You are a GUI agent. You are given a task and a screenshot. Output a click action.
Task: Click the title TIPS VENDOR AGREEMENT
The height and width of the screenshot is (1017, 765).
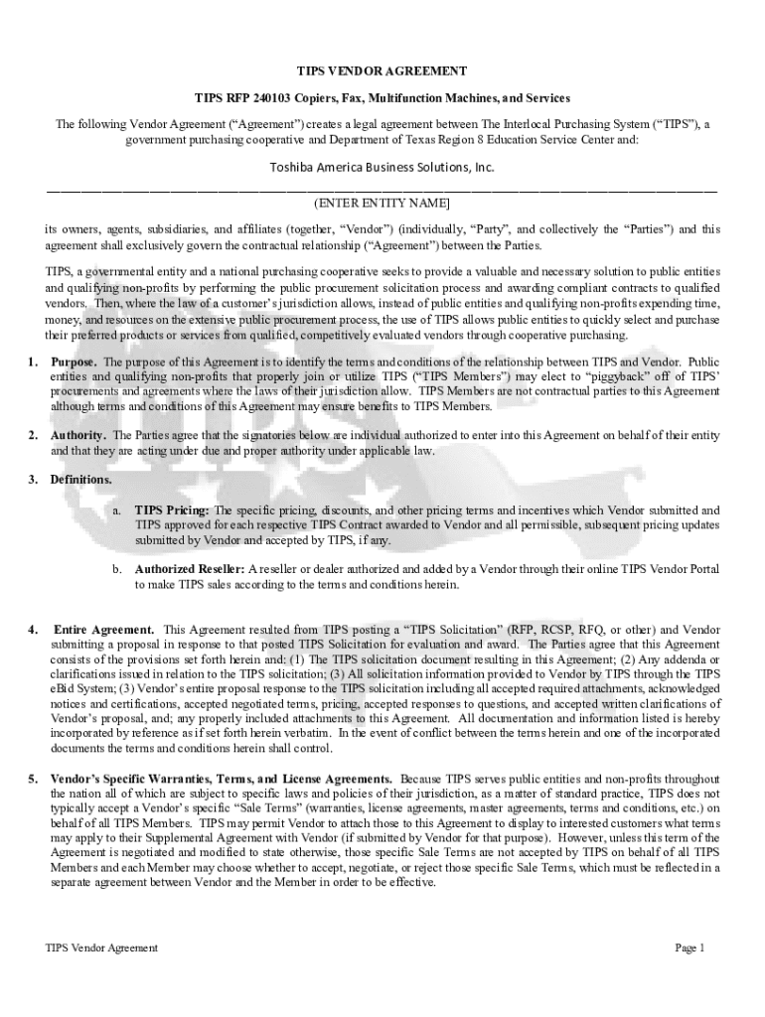(382, 72)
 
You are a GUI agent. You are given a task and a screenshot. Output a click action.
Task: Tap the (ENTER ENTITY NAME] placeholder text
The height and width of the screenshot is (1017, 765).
(382, 203)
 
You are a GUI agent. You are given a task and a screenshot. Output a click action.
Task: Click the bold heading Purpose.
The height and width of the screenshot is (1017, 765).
(74, 362)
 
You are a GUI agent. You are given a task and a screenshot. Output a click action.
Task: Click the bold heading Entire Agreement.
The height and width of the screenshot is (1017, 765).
(104, 630)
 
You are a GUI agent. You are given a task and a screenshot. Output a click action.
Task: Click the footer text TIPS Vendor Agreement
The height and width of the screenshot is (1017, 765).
(101, 948)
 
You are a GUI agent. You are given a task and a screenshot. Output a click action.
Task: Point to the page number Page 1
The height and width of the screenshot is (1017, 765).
(689, 948)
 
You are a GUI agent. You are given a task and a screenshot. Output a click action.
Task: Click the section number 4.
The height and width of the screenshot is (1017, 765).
(33, 630)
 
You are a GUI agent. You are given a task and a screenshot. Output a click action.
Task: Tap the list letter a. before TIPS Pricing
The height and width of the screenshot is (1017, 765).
(116, 510)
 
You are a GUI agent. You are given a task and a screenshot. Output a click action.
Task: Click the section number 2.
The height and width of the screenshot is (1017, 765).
(33, 435)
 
